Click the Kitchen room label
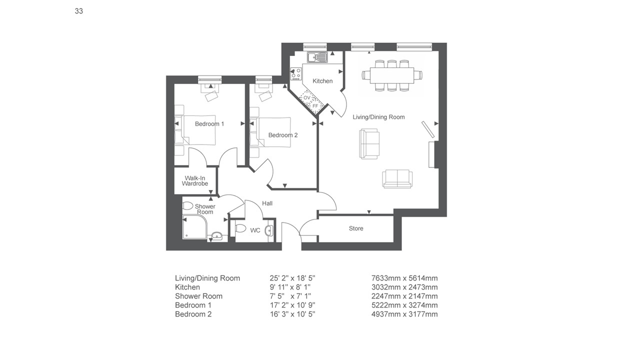pyautogui.click(x=322, y=81)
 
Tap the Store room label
pyautogui.click(x=356, y=228)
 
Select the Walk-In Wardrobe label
pyautogui.click(x=195, y=181)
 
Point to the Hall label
pyautogui.click(x=267, y=203)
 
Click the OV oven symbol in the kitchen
pyautogui.click(x=306, y=97)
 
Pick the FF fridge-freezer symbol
pyautogui.click(x=315, y=106)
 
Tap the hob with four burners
pyautogui.click(x=296, y=74)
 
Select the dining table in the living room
pyautogui.click(x=392, y=75)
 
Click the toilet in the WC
pyautogui.click(x=240, y=228)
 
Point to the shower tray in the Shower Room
pyautogui.click(x=194, y=227)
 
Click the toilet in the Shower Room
pyautogui.click(x=187, y=205)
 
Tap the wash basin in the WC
pyautogui.click(x=269, y=230)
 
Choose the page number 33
pyautogui.click(x=79, y=11)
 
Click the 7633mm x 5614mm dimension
pyautogui.click(x=404, y=278)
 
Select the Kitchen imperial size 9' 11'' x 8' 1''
pyautogui.click(x=290, y=287)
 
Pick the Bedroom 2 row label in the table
pyautogui.click(x=193, y=314)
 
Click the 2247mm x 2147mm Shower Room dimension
pyautogui.click(x=404, y=296)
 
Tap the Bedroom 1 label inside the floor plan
pyautogui.click(x=209, y=124)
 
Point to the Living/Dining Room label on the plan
pyautogui.click(x=378, y=117)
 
